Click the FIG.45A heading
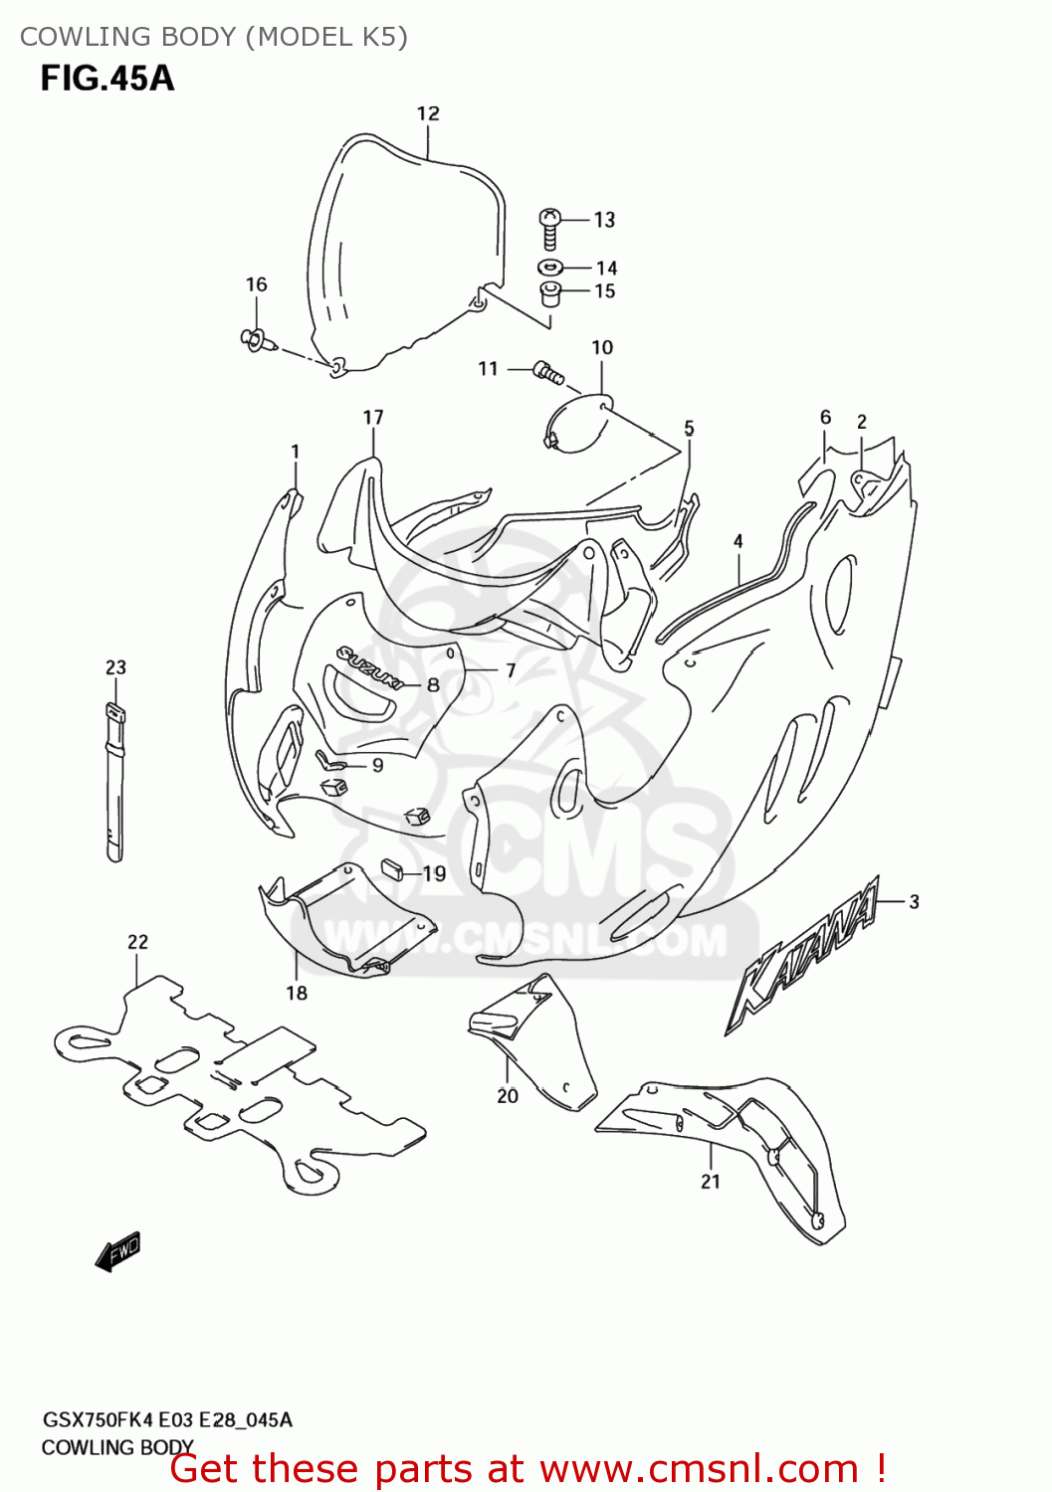point(107,78)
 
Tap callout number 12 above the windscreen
point(428,113)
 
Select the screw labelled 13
point(549,228)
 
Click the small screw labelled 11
point(548,373)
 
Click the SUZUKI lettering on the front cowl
point(369,667)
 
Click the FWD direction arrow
point(118,1250)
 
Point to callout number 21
point(710,1182)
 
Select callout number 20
point(508,1096)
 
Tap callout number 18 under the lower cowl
point(297,993)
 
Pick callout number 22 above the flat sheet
point(137,942)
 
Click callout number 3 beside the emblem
point(914,902)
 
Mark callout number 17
point(373,417)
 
